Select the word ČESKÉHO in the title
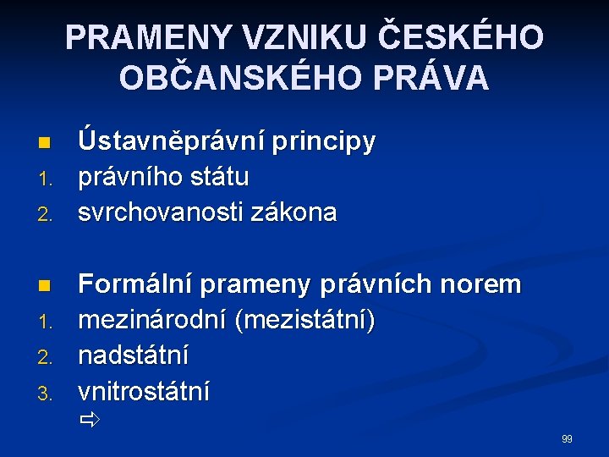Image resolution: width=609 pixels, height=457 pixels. pos(459,36)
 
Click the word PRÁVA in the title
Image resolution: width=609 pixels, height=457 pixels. pos(442,78)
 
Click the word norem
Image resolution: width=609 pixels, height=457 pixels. pos(486,285)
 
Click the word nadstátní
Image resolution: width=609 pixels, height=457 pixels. pos(134,355)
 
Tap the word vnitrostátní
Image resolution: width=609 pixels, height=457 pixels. pos(145,391)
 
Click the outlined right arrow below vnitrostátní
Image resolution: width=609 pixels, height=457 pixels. pos(90,419)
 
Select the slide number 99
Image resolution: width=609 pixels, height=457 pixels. pos(567,438)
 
